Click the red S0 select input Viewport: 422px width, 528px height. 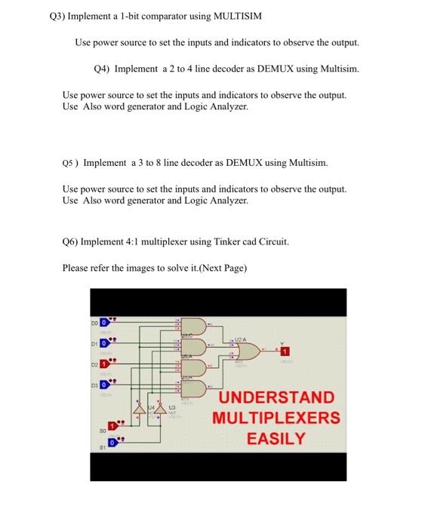pos(112,426)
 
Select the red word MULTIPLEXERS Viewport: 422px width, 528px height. pos(276,418)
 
